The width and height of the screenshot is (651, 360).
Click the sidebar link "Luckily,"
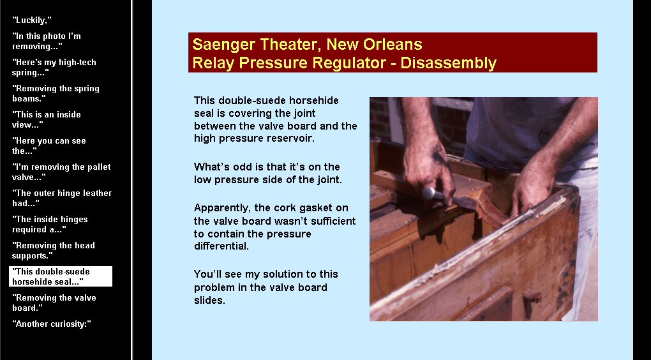(x=31, y=20)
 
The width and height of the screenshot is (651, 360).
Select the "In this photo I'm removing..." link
(x=47, y=41)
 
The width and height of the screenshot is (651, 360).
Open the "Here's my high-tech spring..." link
(x=54, y=67)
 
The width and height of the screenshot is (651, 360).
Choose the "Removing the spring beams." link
(x=56, y=93)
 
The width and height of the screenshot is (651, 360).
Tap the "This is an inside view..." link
(x=47, y=119)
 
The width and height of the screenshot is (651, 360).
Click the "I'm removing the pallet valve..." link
(x=61, y=172)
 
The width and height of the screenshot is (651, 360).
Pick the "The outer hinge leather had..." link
(x=62, y=198)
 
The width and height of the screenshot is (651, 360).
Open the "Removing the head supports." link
(x=54, y=250)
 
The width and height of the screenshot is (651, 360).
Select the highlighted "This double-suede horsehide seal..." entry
(x=61, y=276)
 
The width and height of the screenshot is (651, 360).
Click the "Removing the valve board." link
(x=54, y=303)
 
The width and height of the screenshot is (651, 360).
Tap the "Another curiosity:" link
(x=52, y=324)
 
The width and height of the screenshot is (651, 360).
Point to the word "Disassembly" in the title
(x=449, y=63)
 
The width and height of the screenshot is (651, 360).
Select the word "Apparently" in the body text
(x=221, y=208)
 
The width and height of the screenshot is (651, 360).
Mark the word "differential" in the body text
(x=221, y=246)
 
